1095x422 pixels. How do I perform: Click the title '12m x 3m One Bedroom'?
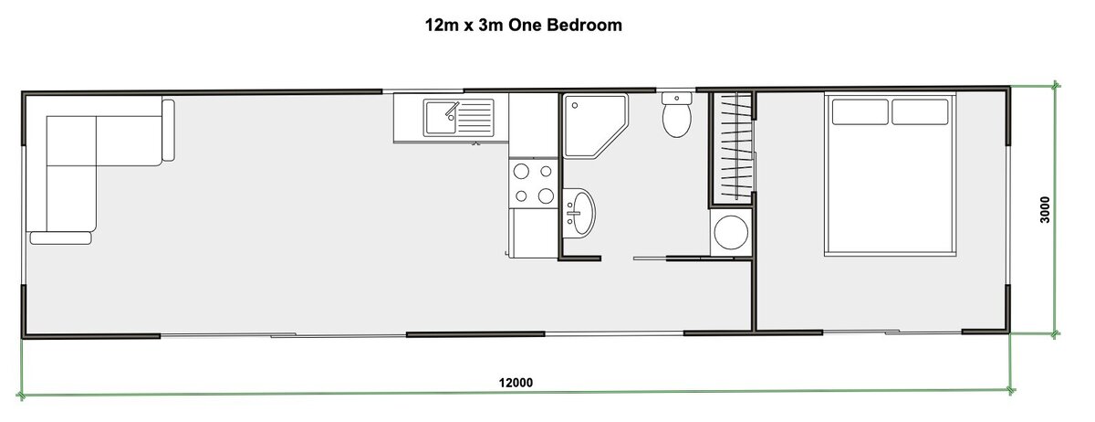point(523,25)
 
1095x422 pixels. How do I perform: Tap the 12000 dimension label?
point(516,382)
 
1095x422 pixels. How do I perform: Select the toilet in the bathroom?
point(676,119)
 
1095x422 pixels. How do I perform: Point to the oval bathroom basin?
point(579,211)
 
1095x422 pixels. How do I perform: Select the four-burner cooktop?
point(534,183)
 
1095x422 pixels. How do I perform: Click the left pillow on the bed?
point(860,111)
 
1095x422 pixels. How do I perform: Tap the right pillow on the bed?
point(920,111)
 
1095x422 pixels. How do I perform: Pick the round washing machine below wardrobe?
point(731,232)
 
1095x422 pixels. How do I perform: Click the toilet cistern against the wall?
point(676,97)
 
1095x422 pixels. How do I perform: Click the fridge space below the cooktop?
point(534,233)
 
